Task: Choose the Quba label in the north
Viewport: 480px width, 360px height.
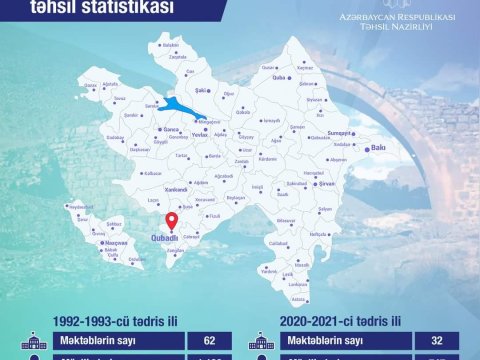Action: (308, 76)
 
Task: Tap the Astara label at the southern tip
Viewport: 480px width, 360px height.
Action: (298, 299)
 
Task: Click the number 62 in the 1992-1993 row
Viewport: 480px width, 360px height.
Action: (210, 341)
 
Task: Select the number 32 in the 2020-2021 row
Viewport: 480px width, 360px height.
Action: (436, 341)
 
